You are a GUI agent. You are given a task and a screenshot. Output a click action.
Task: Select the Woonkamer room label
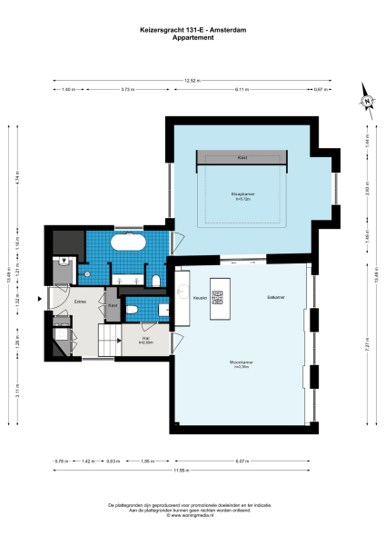(x=241, y=362)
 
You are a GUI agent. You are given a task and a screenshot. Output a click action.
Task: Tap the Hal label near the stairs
(x=144, y=340)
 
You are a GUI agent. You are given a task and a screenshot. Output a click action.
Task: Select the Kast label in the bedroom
(x=242, y=157)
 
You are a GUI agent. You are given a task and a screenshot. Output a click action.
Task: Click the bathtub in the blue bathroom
(x=128, y=243)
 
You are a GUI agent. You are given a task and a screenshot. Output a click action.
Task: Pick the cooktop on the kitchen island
(x=218, y=296)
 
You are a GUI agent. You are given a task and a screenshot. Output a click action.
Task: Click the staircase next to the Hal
(x=109, y=345)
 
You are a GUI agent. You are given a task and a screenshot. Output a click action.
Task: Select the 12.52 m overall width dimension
(x=192, y=81)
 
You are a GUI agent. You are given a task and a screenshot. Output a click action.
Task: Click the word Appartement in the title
(x=192, y=37)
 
